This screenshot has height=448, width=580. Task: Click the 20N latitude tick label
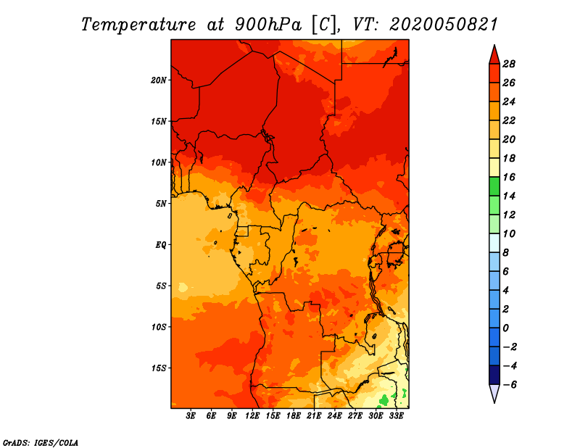point(158,80)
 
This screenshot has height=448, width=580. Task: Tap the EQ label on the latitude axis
point(161,245)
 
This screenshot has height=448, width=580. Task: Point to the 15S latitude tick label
point(159,368)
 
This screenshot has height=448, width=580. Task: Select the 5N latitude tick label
point(161,204)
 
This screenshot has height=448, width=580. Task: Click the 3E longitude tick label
point(191,416)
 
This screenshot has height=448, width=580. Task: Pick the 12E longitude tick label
point(252,416)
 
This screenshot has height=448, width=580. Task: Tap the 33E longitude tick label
point(397,416)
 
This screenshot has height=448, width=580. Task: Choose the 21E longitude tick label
point(314,416)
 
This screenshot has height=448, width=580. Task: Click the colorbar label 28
point(509,64)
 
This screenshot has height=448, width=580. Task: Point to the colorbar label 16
point(509,177)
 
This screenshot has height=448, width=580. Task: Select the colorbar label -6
point(510,385)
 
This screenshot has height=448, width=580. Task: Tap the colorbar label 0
point(505,328)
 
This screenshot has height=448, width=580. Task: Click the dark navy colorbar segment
point(494,375)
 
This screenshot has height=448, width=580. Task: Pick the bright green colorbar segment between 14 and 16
point(494,186)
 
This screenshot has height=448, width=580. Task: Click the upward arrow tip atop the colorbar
point(494,45)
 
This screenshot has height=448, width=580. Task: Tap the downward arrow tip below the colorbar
point(494,403)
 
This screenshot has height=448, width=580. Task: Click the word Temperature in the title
point(138,25)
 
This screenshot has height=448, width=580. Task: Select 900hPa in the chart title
point(268,25)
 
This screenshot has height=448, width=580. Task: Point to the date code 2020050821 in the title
point(444,25)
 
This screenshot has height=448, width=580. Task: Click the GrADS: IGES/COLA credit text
point(41,443)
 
